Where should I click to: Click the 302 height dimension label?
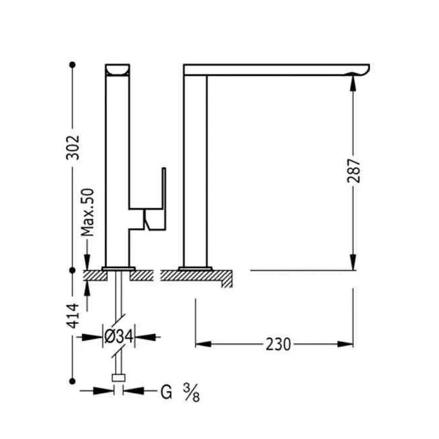73,148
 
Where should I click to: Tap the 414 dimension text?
73,315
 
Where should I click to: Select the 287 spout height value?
354,171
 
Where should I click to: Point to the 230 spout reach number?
278,345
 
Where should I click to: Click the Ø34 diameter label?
118,337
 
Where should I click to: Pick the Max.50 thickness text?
87,212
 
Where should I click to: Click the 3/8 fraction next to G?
192,392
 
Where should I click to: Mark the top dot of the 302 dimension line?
73,65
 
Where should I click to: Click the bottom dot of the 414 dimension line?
73,381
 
